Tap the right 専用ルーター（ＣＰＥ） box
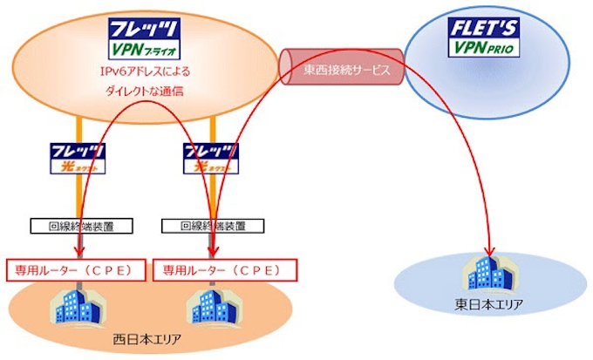pyautogui.click(x=220, y=270)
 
